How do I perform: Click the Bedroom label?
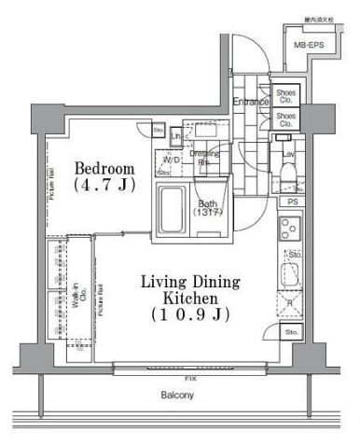click(104, 168)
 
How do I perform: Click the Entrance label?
click(251, 101)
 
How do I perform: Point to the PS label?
click(292, 202)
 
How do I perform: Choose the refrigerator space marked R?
click(291, 302)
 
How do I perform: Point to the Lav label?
click(289, 153)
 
